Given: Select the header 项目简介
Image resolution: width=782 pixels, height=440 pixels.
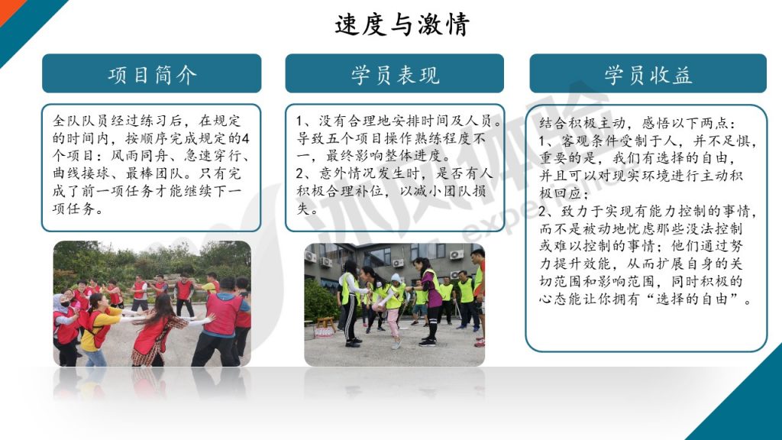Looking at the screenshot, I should point(152,74).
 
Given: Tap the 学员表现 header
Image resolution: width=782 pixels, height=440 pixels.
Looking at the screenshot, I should point(395,74).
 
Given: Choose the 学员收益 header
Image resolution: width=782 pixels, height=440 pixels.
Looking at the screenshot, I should point(648,74).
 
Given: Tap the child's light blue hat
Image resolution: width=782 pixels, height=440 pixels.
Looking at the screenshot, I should point(396,279).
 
